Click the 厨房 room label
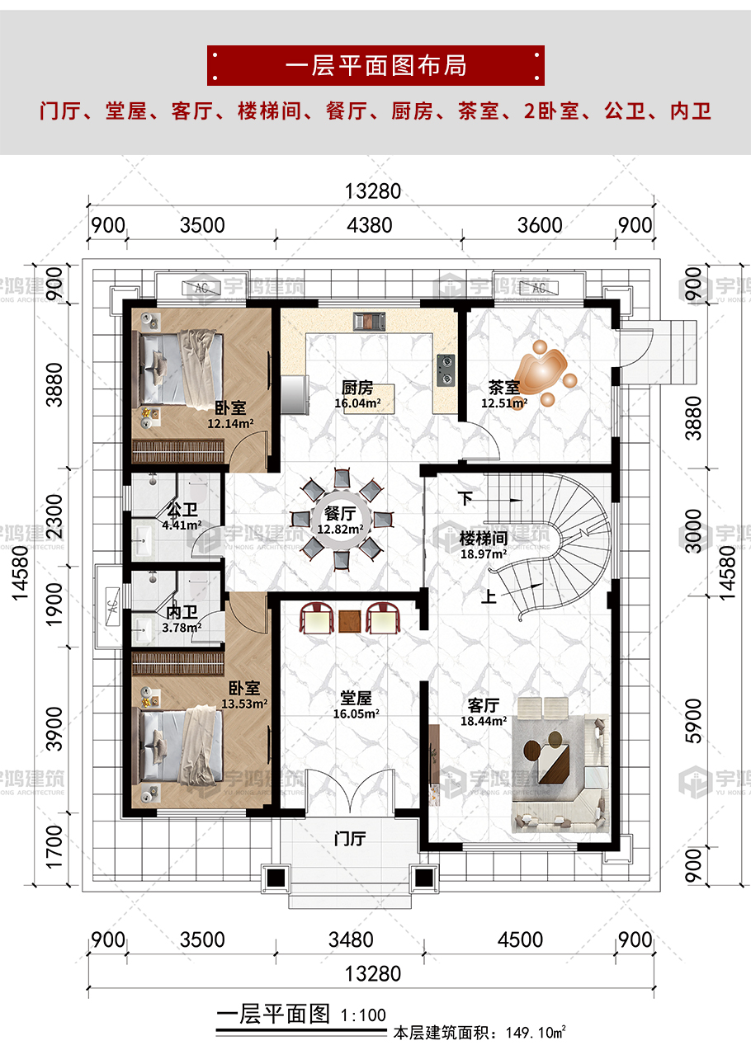pos(357,388)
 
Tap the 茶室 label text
pos(504,388)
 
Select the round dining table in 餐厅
pos(342,520)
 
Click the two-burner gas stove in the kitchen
pos(446,370)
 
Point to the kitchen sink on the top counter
pos(369,322)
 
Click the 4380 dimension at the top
pos(370,225)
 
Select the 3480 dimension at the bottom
pos(351,939)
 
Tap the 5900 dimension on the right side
pos(693,722)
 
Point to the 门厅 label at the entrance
pos(350,839)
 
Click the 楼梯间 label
pos(484,539)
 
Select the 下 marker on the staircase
pos(465,498)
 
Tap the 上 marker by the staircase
pos(489,596)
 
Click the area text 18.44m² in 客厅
pos(484,721)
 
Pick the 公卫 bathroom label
pos(182,510)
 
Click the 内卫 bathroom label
pos(182,612)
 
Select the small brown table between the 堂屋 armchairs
pos(350,622)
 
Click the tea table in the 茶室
pos(542,371)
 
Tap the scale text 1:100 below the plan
pos(363,1015)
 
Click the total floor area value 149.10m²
pos(536,1033)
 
